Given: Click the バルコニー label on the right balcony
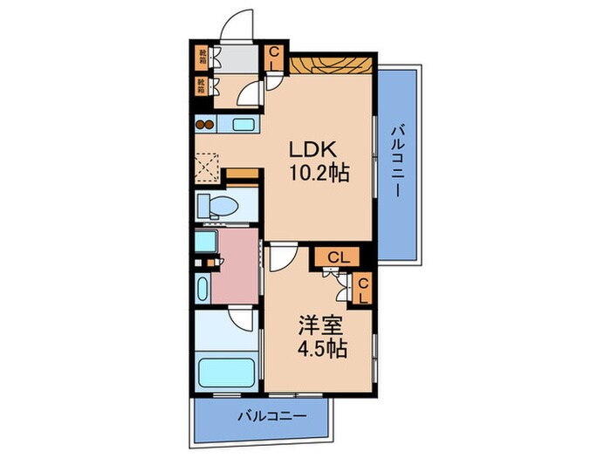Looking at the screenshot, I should [x=397, y=161].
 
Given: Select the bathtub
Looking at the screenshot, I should [x=226, y=373].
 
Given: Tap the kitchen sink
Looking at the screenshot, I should [x=244, y=124].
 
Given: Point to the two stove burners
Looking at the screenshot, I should [x=203, y=124].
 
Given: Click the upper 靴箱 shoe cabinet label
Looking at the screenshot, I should [x=201, y=59].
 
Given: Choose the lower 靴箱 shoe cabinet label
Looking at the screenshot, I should [x=201, y=86].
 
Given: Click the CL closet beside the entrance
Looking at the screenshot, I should [x=273, y=58].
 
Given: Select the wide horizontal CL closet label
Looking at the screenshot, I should [x=340, y=256].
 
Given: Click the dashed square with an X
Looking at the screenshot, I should [x=207, y=165].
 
